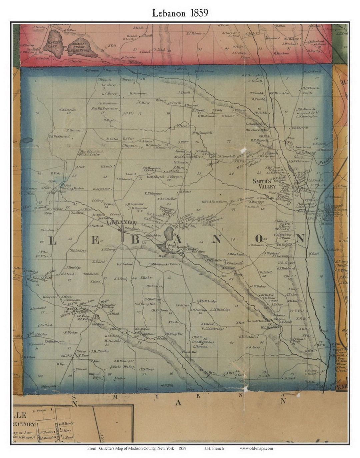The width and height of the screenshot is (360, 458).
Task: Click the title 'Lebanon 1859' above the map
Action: pyautogui.click(x=180, y=13)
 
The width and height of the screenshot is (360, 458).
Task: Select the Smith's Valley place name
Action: pyautogui.click(x=264, y=184)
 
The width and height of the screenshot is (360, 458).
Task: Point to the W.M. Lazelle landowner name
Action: pyautogui.click(x=68, y=110)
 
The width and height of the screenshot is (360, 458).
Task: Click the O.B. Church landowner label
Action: pyautogui.click(x=311, y=88)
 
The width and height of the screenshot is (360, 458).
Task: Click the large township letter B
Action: pyautogui.click(x=135, y=239)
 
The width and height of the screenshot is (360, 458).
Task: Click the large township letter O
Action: pyautogui.click(x=259, y=238)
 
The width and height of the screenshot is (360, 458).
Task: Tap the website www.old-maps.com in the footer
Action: pyautogui.click(x=256, y=448)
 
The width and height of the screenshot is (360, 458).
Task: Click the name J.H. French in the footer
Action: pyautogui.click(x=214, y=448)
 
